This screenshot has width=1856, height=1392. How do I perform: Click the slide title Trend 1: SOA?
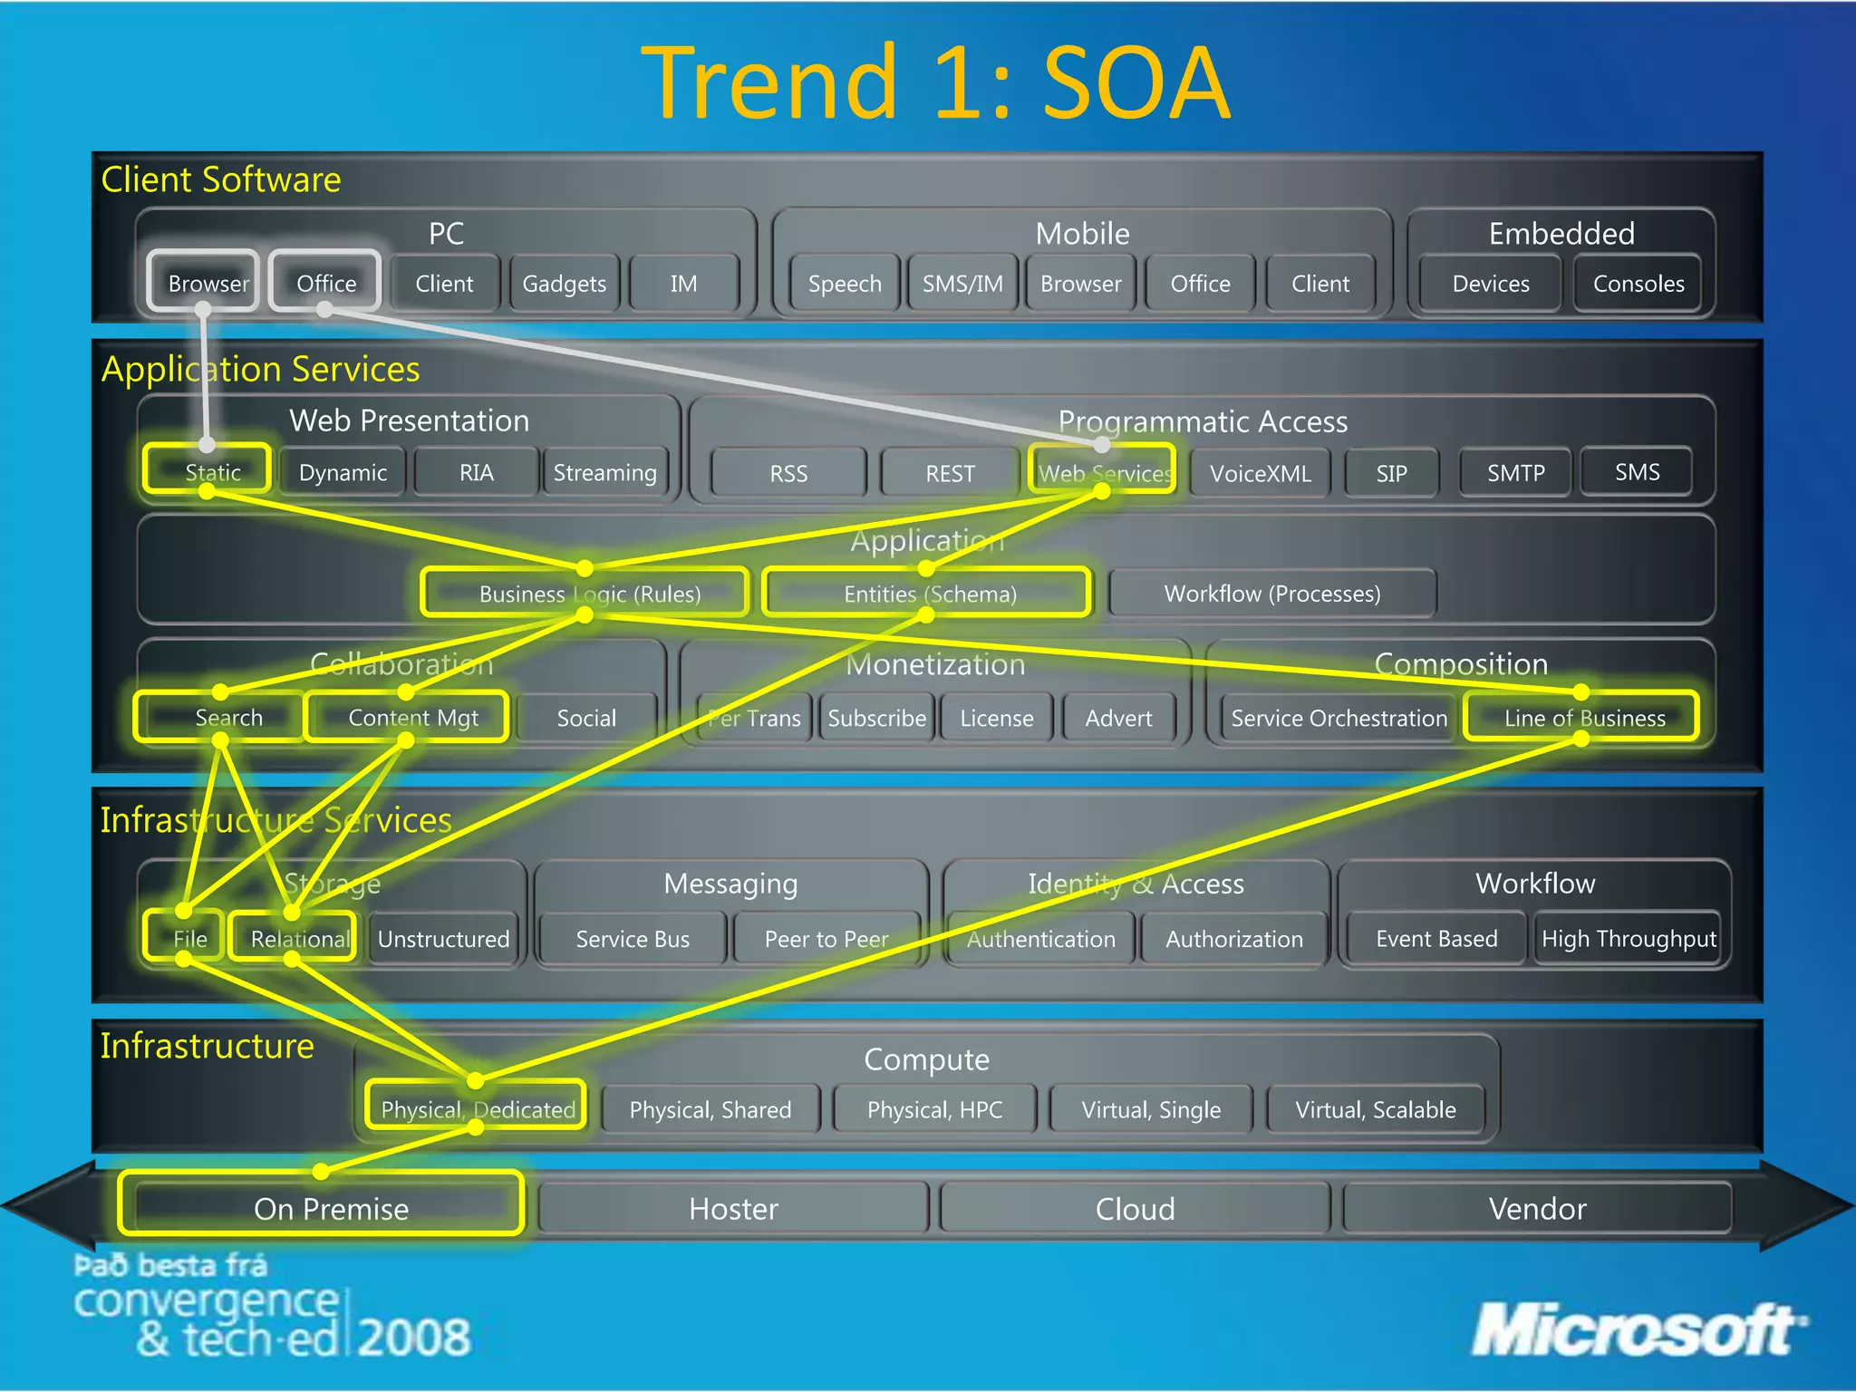coord(935,83)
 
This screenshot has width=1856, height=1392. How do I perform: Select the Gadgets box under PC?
coord(564,284)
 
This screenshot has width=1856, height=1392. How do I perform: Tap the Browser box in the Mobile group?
coord(1080,284)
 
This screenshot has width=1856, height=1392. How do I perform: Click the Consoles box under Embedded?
coord(1638,284)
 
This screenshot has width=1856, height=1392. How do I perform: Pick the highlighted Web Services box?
coord(1103,471)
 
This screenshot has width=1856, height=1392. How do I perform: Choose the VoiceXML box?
coord(1260,473)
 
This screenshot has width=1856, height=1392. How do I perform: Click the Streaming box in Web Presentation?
coord(604,472)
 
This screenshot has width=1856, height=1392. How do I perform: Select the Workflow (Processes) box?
coord(1271,594)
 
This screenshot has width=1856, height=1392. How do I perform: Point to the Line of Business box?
coord(1583,718)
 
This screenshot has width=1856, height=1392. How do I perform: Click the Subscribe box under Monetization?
coord(876,718)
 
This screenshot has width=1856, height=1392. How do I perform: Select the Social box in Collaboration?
coord(586,718)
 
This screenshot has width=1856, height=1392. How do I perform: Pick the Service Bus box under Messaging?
coord(633,939)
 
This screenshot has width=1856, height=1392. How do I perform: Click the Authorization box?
coord(1233,939)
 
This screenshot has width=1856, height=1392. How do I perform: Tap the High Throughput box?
coord(1629,939)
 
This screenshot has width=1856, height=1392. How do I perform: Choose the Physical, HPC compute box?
coord(934,1109)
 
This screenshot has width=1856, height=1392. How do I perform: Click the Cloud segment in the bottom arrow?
coord(1135,1208)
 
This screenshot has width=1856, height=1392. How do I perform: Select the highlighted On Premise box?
coord(331,1208)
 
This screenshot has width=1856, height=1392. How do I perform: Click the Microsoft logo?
coord(1636,1330)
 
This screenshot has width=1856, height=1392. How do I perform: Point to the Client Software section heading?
coord(221,179)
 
